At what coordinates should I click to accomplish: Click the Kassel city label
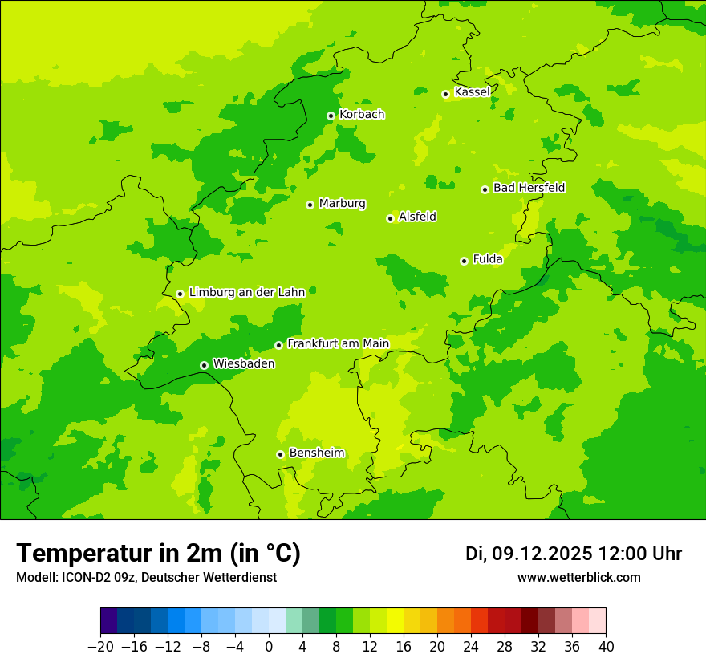click(472, 92)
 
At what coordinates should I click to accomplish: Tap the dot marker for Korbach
click(331, 116)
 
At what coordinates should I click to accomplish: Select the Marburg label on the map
click(342, 204)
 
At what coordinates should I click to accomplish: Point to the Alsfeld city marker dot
click(391, 218)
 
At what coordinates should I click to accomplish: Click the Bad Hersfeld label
click(529, 188)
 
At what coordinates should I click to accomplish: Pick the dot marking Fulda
click(464, 261)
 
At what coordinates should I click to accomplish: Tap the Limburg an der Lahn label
click(246, 293)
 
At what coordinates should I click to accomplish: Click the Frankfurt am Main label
click(338, 343)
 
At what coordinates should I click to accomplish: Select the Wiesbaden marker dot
click(205, 365)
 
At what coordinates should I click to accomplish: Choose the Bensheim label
click(316, 453)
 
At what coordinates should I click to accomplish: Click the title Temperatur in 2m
click(158, 554)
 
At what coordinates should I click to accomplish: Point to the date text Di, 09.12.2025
click(529, 554)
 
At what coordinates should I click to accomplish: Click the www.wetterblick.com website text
click(578, 578)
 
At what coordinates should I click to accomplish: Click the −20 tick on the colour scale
click(100, 647)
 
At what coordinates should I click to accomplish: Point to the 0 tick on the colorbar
click(269, 647)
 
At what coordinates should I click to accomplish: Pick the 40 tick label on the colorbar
click(606, 647)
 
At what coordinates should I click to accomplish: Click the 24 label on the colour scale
click(471, 647)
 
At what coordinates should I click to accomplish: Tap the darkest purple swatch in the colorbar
click(109, 621)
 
